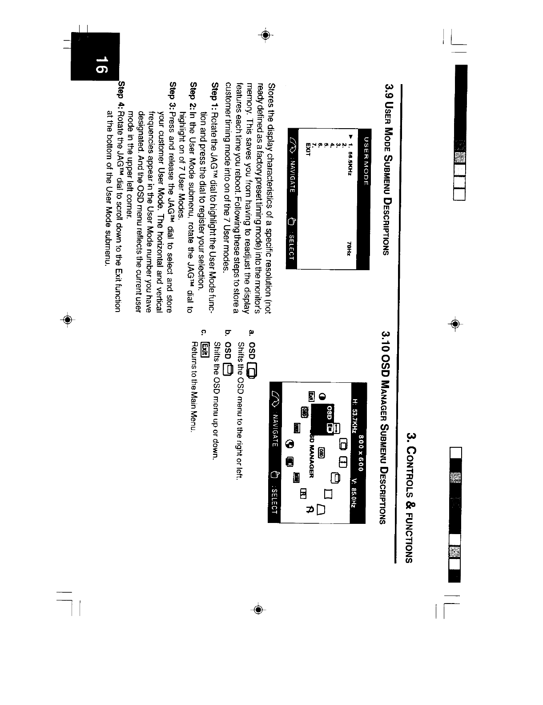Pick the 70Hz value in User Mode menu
349,247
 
